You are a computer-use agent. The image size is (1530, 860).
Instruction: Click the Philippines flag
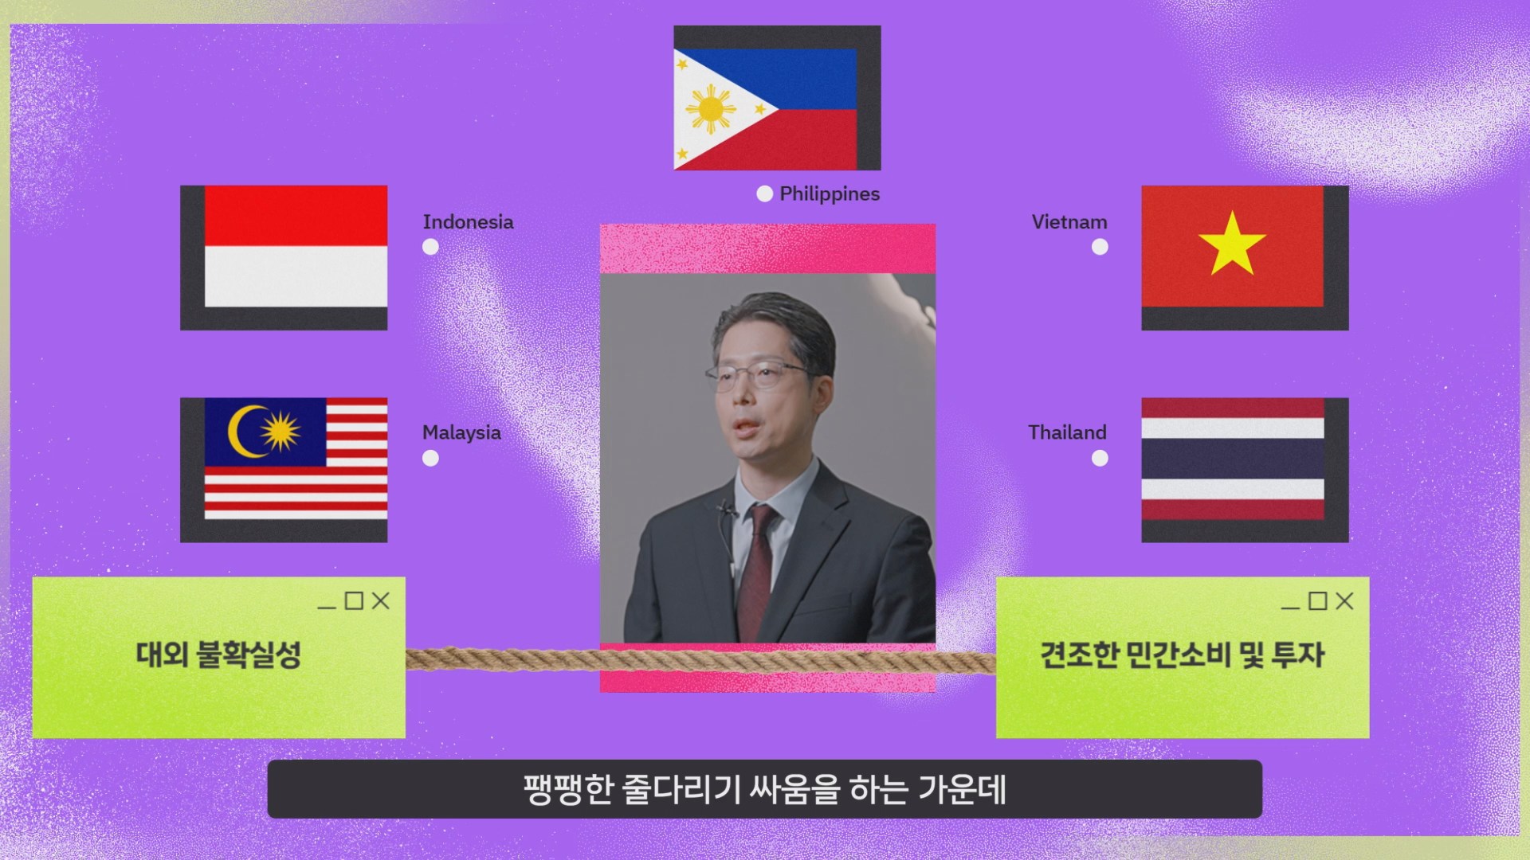tap(766, 108)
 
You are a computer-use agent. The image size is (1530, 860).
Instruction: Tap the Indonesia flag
tap(296, 246)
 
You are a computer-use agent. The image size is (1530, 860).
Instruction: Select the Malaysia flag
tap(296, 458)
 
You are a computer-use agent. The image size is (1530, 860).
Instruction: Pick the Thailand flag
tap(1233, 459)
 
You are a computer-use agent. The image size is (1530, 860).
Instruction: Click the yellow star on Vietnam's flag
tap(1233, 244)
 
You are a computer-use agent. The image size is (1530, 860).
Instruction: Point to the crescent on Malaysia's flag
tap(244, 432)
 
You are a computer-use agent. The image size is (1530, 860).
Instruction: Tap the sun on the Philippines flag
tap(711, 109)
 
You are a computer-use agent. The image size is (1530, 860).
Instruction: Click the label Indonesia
tap(468, 222)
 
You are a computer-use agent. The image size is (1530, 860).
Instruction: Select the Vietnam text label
tap(1069, 222)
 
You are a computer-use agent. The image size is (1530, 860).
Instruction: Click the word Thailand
tap(1067, 432)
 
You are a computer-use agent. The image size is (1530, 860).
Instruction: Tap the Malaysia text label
tap(461, 433)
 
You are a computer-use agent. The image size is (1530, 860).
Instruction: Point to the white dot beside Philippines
tap(765, 194)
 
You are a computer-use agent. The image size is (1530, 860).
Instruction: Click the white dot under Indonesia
tap(430, 247)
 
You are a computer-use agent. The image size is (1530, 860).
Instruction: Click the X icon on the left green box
tap(381, 600)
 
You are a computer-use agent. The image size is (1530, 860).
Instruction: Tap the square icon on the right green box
tap(1318, 600)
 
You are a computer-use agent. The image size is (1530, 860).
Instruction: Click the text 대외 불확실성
tap(218, 655)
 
